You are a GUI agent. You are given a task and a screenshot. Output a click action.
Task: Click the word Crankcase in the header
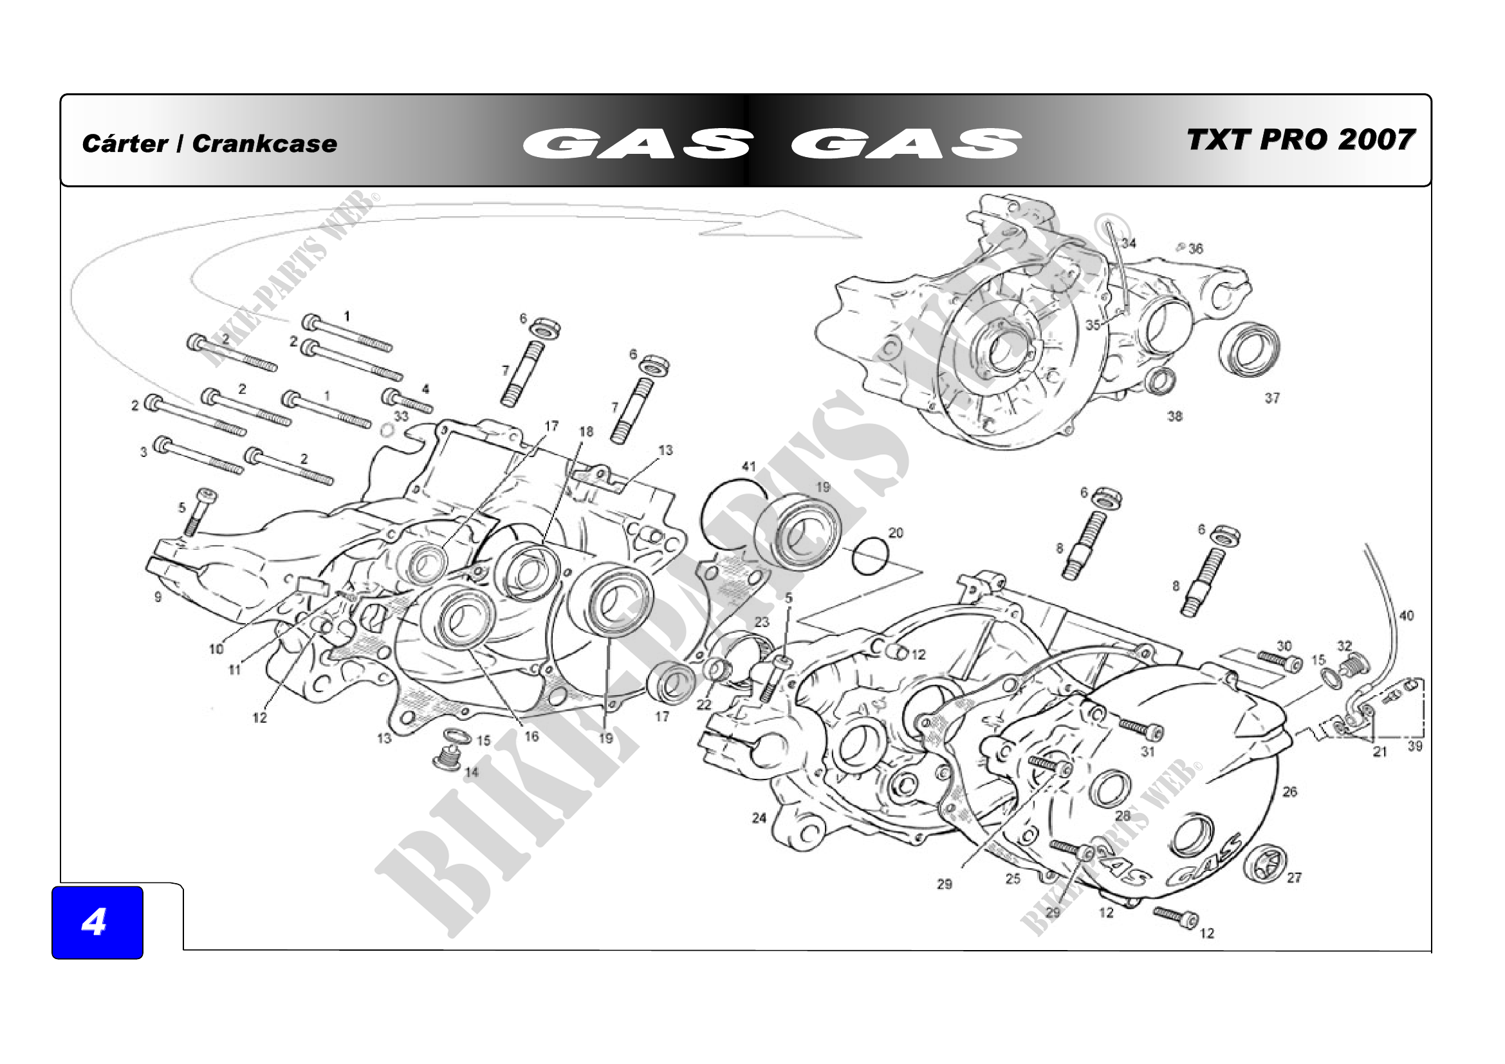[x=264, y=144]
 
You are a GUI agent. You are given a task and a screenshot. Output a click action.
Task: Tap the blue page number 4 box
[x=97, y=922]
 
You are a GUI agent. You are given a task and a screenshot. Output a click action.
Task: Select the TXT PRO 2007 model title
[x=1300, y=140]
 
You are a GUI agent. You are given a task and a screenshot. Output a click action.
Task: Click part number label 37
[x=1271, y=398]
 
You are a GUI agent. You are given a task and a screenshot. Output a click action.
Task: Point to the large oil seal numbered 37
[x=1250, y=350]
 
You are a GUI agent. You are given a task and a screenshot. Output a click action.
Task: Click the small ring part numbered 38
[x=1160, y=380]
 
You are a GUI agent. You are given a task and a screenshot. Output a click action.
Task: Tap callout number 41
[x=748, y=466]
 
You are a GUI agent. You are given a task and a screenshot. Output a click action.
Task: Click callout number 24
[x=759, y=817]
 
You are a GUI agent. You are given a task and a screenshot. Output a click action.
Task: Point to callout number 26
[x=1289, y=791]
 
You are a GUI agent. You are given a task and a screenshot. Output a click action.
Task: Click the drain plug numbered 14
[x=448, y=760]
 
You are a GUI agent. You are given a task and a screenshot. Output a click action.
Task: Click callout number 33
[x=401, y=416]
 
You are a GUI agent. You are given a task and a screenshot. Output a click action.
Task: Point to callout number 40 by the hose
[x=1407, y=615]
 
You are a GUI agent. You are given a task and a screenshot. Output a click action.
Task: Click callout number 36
[x=1196, y=248]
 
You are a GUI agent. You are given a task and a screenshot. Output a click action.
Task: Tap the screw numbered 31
[x=1141, y=728]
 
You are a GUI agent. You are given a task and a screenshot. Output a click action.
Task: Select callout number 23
[x=762, y=621]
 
